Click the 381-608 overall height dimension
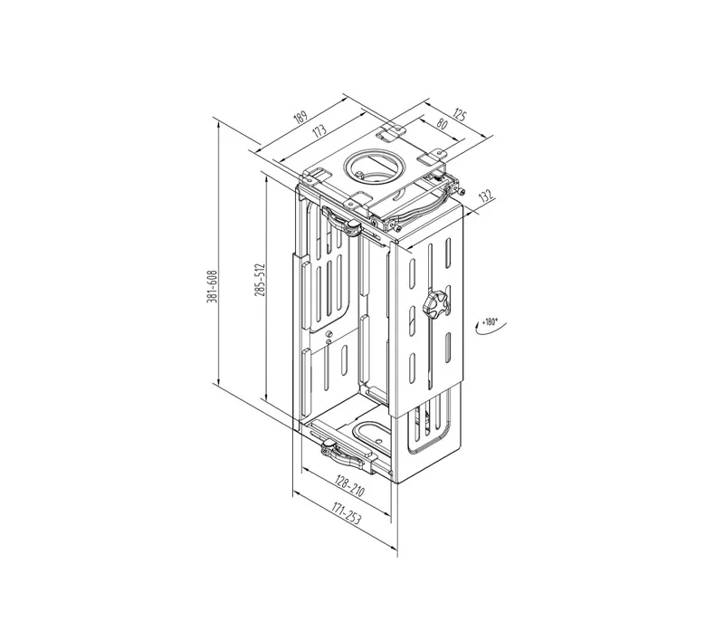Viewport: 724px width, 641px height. [x=212, y=287]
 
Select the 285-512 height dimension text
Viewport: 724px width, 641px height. [x=260, y=280]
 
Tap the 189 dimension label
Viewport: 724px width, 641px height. [x=300, y=117]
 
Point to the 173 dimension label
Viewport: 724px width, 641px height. [x=319, y=130]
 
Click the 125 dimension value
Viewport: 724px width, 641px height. [x=459, y=115]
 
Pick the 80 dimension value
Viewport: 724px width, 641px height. [x=442, y=124]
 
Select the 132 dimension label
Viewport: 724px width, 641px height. [x=486, y=196]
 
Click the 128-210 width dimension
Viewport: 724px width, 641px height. [x=350, y=487]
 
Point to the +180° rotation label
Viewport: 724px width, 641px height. [x=490, y=322]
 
